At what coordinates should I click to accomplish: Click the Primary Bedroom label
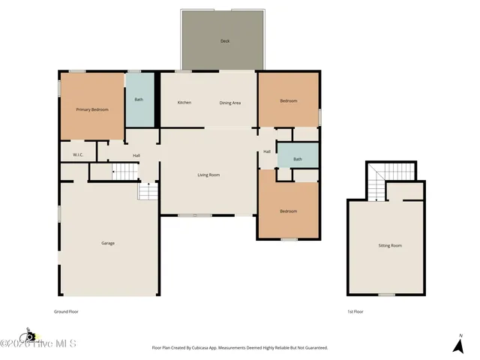(92, 109)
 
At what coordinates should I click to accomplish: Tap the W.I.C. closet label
(77, 155)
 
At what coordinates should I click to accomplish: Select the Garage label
(108, 243)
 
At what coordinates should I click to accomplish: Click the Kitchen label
(184, 103)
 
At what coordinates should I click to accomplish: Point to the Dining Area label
(229, 103)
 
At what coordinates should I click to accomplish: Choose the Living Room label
(208, 175)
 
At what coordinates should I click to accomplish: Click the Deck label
(224, 40)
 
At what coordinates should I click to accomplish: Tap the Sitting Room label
(390, 245)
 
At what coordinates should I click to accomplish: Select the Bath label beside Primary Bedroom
(139, 100)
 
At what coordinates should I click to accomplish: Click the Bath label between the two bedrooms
(298, 159)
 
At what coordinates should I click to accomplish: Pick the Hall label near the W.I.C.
(136, 155)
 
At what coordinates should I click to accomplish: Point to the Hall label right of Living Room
(267, 152)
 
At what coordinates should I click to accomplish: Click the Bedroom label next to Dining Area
(289, 101)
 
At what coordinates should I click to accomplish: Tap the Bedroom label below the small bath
(289, 211)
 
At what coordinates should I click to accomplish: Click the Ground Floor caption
(66, 310)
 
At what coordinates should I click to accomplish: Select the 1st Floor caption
(355, 310)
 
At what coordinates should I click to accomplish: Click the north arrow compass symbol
(458, 345)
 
